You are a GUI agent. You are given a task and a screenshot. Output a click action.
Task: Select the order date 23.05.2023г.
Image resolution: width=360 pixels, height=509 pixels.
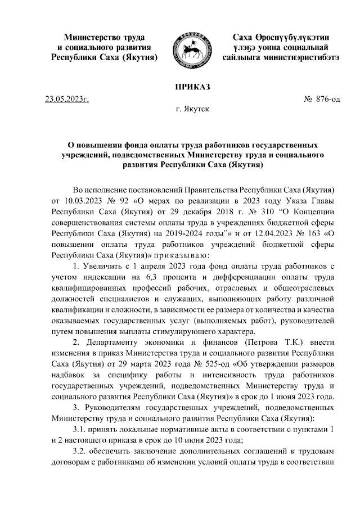coord(67,100)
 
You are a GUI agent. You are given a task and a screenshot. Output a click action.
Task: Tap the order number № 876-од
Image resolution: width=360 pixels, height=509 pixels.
coord(322,100)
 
